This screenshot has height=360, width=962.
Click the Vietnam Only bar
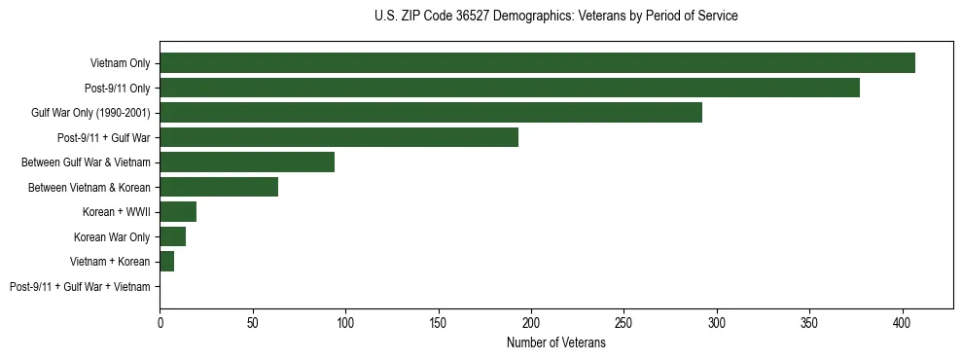pyautogui.click(x=537, y=63)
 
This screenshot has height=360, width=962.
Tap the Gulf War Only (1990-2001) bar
pyautogui.click(x=431, y=113)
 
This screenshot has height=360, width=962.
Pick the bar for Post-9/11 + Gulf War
pyautogui.click(x=338, y=137)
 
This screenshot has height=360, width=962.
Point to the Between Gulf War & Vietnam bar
pyautogui.click(x=247, y=162)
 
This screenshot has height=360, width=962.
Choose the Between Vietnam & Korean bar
pyautogui.click(x=219, y=187)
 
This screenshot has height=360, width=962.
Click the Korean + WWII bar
pyautogui.click(x=178, y=212)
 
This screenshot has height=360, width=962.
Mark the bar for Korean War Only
pyautogui.click(x=172, y=236)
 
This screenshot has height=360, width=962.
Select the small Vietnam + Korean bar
pyautogui.click(x=166, y=262)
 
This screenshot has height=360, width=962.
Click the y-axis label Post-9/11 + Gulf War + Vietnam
pyautogui.click(x=80, y=287)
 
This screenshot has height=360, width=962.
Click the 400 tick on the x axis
pyautogui.click(x=903, y=321)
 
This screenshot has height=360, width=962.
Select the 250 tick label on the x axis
pyautogui.click(x=624, y=321)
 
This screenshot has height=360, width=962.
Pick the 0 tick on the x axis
pyautogui.click(x=160, y=321)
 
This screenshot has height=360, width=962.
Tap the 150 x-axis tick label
pyautogui.click(x=439, y=321)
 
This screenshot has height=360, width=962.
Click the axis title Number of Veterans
pyautogui.click(x=555, y=343)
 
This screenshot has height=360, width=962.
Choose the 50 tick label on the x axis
pyautogui.click(x=253, y=321)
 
